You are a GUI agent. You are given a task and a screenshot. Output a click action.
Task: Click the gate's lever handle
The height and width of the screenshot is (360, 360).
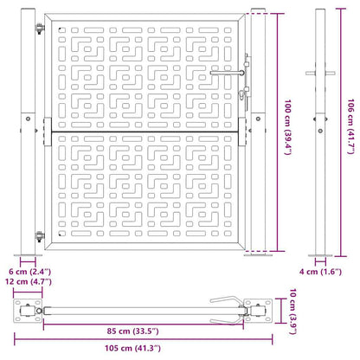(x=239, y=74)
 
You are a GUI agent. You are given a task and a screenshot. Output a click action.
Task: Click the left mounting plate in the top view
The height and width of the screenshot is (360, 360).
(x=29, y=310)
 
